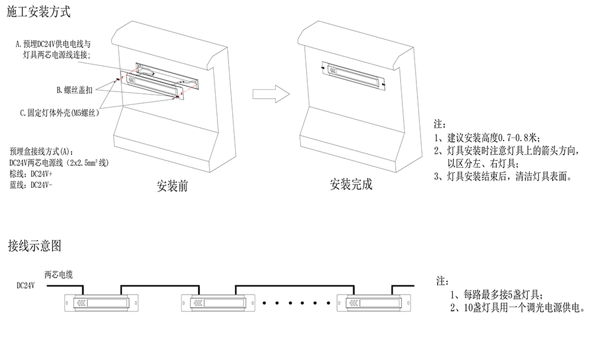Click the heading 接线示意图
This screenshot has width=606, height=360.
coord(35,246)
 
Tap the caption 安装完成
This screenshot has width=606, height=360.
coord(351,185)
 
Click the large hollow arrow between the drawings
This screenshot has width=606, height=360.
coord(267,93)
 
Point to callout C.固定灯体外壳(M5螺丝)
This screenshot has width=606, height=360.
coord(59,113)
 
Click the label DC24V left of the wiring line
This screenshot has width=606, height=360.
coord(26,285)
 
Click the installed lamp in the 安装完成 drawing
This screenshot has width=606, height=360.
coord(351,73)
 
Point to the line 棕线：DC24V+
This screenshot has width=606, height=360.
coord(32,174)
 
